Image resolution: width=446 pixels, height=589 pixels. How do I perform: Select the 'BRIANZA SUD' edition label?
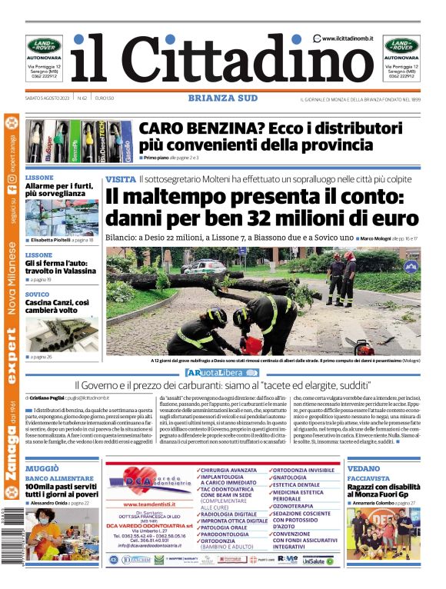[222, 98]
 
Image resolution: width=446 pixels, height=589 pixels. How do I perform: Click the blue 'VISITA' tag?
[121, 178]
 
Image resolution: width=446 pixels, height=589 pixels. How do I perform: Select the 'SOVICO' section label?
[37, 294]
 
